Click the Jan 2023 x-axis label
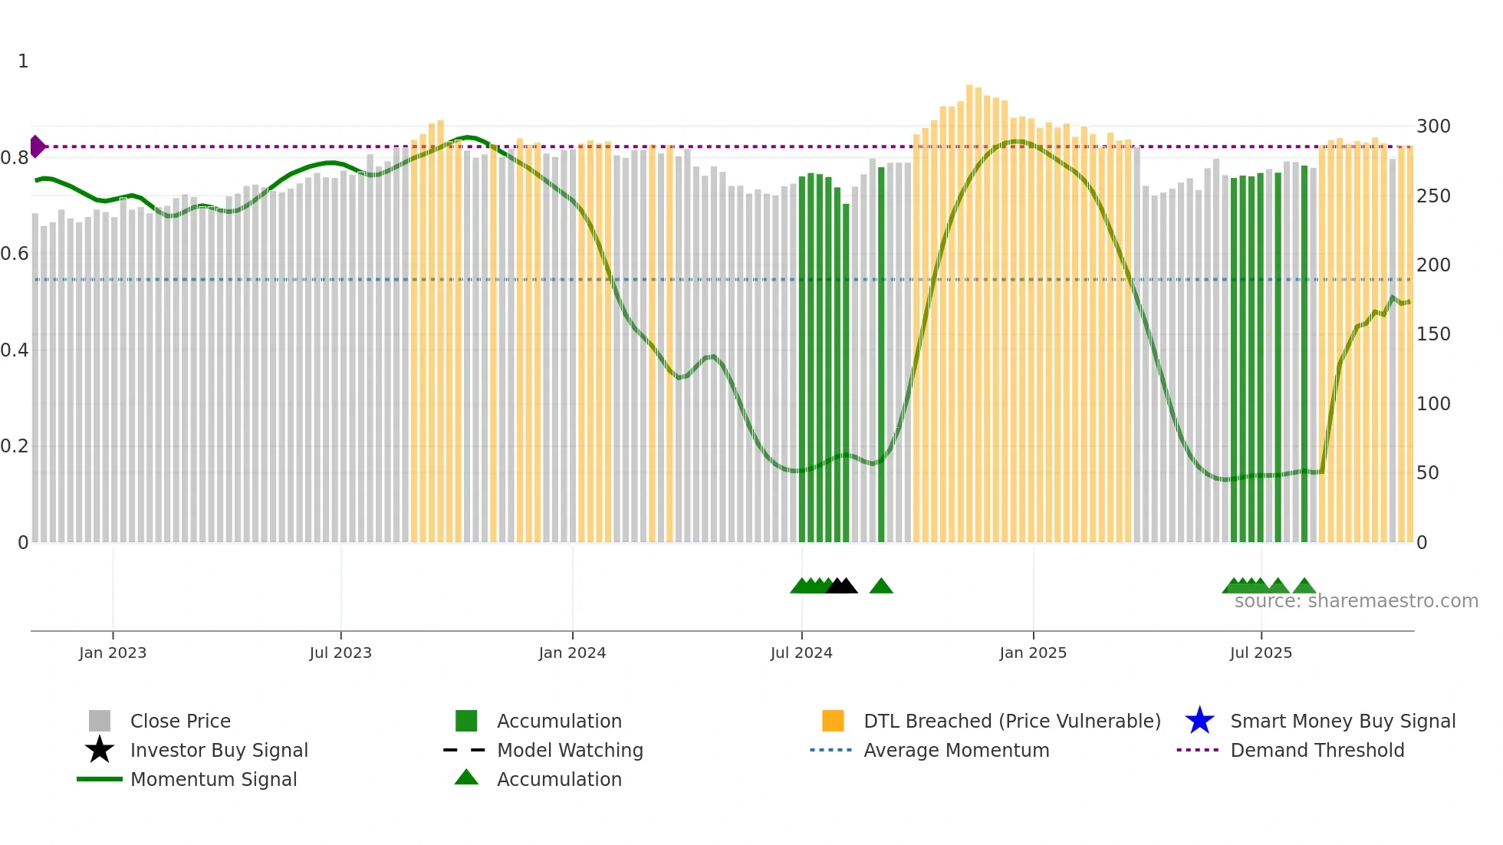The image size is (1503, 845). (x=113, y=653)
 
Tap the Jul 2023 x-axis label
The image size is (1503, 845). (x=340, y=653)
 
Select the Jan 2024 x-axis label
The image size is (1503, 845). (x=572, y=653)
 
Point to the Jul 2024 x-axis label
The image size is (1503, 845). (x=801, y=653)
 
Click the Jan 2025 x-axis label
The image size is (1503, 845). (x=1033, y=653)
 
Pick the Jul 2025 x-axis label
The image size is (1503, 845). (x=1261, y=653)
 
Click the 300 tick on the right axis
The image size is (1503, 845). (x=1433, y=127)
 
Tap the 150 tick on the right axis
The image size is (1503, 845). (x=1433, y=334)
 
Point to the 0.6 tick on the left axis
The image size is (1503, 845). (x=15, y=254)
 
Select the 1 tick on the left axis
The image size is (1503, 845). (x=23, y=61)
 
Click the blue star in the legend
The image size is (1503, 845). (x=1199, y=721)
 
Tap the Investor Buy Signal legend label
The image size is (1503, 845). (x=219, y=750)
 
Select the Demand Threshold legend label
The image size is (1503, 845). (x=1317, y=750)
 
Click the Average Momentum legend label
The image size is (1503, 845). (x=956, y=750)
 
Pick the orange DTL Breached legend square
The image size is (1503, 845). (x=833, y=721)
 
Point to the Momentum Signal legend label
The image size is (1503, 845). (x=213, y=779)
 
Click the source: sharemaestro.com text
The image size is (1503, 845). (x=1356, y=601)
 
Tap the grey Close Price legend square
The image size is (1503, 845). (x=100, y=721)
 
